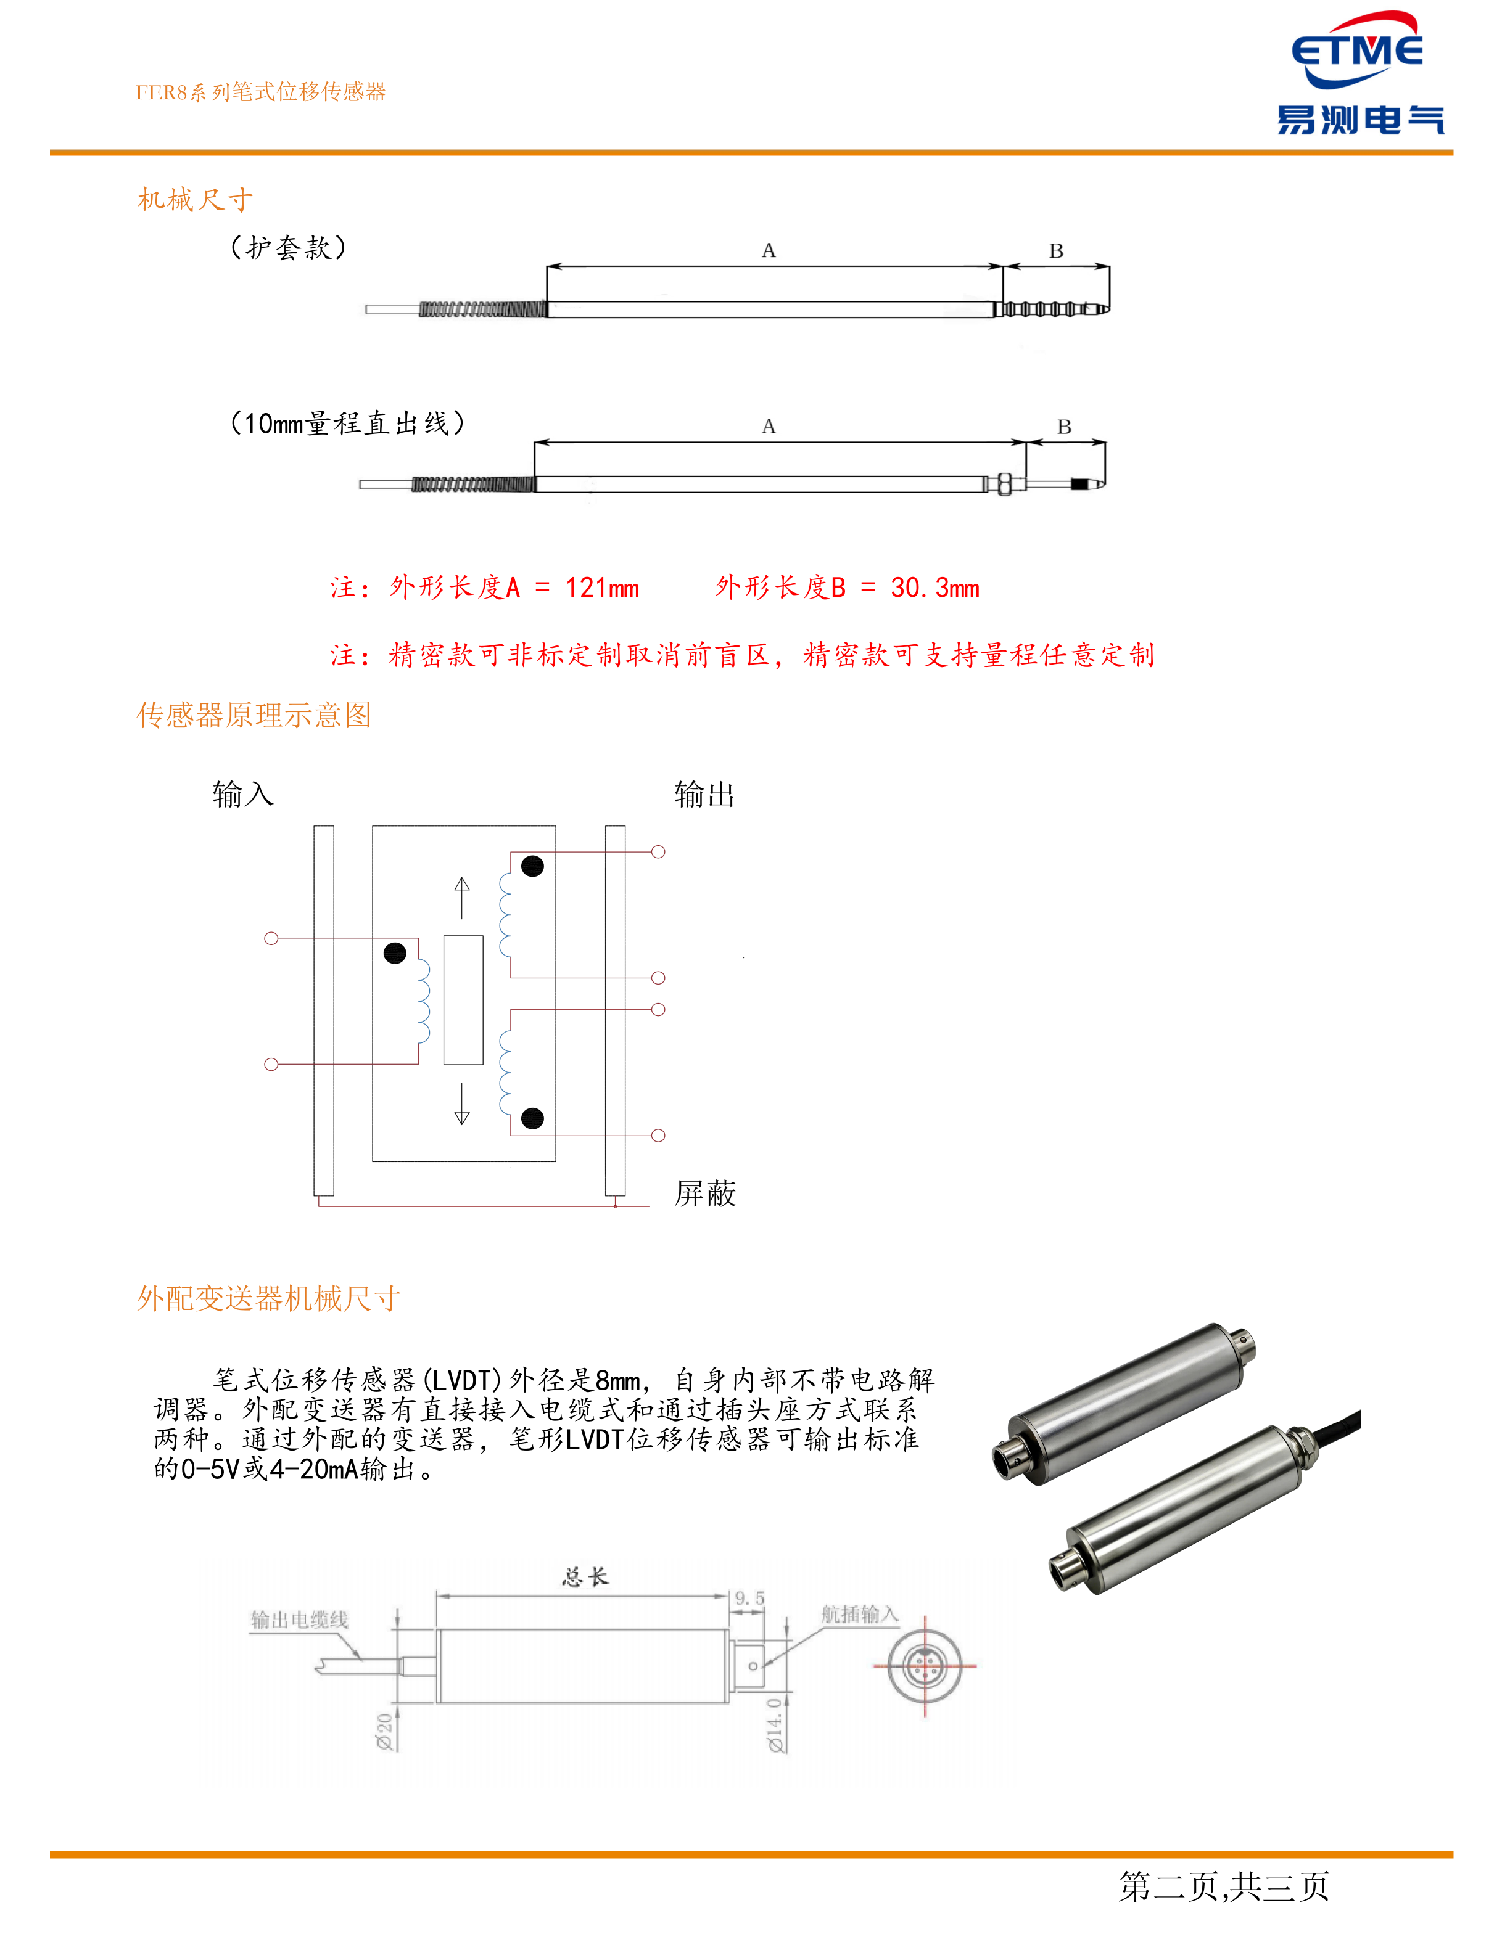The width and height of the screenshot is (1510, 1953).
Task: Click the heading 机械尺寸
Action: (x=195, y=199)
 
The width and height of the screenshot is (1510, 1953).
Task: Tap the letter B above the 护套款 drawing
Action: (x=1055, y=252)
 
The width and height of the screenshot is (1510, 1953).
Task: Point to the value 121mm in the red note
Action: (x=602, y=588)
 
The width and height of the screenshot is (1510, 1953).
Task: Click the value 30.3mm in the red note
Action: (x=934, y=588)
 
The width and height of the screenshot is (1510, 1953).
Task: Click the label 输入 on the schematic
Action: (x=242, y=794)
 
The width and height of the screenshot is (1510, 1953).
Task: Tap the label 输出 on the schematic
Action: (x=704, y=794)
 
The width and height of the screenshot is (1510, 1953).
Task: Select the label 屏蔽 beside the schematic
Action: (x=705, y=1193)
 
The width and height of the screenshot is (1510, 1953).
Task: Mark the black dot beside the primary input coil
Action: (x=395, y=953)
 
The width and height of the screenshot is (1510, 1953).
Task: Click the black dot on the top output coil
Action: (x=532, y=866)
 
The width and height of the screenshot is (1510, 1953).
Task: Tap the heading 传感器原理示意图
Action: (x=254, y=715)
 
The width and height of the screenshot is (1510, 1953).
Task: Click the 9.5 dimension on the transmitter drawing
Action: (x=749, y=1598)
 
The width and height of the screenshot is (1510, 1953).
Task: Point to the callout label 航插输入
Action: (x=859, y=1614)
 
